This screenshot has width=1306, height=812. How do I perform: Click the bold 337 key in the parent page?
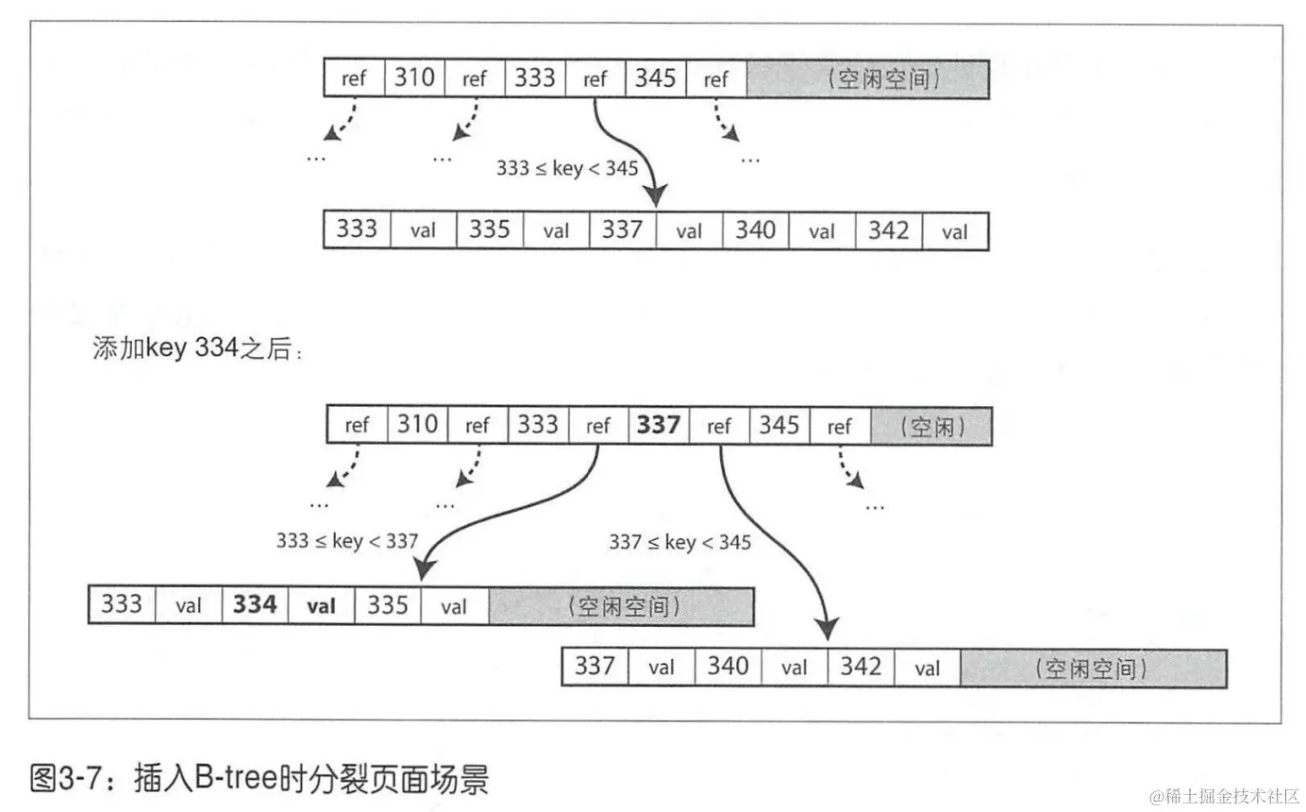coord(659,425)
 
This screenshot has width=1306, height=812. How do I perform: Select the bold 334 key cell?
coord(255,605)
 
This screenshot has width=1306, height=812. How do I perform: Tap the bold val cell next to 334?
coord(322,606)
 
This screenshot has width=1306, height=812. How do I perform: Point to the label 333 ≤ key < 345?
coord(567,168)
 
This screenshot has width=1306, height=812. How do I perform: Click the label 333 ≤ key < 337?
coord(347,541)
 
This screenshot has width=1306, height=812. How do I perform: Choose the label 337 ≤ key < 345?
coord(680,542)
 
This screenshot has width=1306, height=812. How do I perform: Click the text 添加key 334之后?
coord(198,348)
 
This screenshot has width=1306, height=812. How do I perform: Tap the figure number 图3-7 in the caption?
coord(62,780)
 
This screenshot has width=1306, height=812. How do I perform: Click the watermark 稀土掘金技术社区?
coord(1224,796)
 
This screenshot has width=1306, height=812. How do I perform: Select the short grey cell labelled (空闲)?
coord(931,426)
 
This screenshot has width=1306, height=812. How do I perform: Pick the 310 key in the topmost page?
coord(414,78)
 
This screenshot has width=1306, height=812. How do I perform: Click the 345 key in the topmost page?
coord(656,78)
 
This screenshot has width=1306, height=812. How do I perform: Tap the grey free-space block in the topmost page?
coord(867,79)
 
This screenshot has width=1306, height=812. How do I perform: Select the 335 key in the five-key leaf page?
coord(490,229)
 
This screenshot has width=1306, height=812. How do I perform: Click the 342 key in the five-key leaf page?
coord(888,229)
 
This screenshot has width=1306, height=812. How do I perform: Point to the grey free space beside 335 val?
coord(621,606)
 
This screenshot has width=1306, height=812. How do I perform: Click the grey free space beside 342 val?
coord(1093,668)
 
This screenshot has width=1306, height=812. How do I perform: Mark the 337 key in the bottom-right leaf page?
coord(594,668)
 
